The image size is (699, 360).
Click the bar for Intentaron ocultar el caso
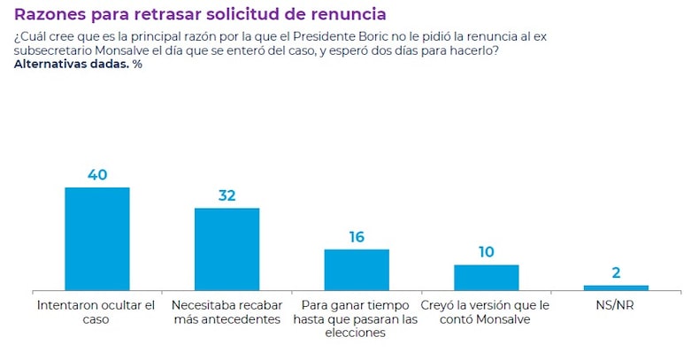point(97,239)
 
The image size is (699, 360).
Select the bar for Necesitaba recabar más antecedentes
point(227,249)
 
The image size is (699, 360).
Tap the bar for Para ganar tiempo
point(357,270)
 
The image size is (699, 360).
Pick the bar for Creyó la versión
point(486,277)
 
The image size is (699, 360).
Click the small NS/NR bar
point(616,287)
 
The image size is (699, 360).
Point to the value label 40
point(97,175)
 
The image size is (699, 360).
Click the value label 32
point(227,195)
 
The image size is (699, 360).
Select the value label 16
point(357,237)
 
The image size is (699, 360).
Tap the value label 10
point(486,252)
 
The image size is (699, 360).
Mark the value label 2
point(616,272)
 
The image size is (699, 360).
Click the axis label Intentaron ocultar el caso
point(97,311)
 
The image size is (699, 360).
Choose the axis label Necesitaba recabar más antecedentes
point(227,311)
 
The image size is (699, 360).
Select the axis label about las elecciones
point(356,318)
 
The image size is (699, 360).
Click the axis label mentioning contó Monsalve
point(486,311)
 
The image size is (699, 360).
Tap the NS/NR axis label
point(616,305)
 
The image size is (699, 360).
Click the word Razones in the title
point(50,15)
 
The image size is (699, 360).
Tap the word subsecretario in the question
point(52,50)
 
